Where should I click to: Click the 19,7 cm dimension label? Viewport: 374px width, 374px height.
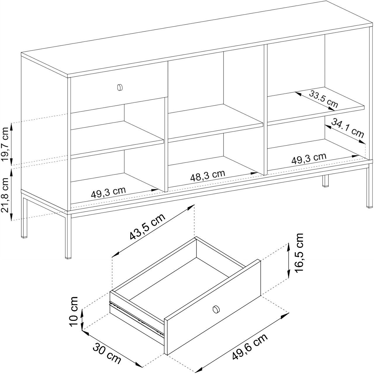tap(5, 144)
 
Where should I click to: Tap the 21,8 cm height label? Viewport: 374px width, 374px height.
tap(5, 195)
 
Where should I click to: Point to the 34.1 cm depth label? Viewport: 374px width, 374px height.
tap(347, 128)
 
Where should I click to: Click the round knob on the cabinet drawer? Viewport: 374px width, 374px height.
tap(120, 87)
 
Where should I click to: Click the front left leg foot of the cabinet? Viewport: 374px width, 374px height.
tap(67, 258)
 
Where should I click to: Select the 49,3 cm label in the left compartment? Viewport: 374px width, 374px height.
tap(108, 192)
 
